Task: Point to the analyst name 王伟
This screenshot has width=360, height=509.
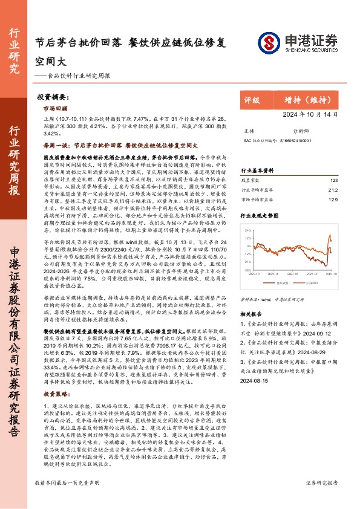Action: click(x=249, y=131)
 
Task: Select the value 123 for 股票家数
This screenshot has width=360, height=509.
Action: click(x=333, y=180)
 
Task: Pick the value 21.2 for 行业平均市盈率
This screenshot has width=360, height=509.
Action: click(x=333, y=189)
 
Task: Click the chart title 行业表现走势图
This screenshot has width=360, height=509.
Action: click(x=261, y=215)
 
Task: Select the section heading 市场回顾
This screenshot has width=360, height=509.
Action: click(x=56, y=109)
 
